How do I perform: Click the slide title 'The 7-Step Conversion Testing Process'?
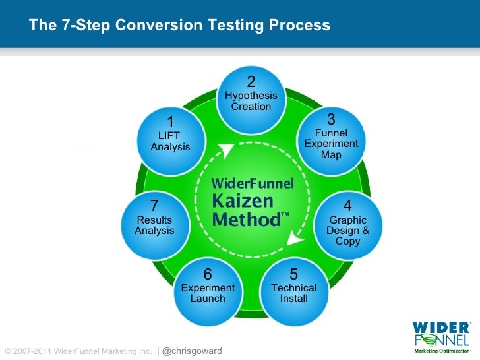coord(179,26)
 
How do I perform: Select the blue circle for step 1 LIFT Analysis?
coord(170,136)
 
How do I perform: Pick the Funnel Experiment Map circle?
coord(331,138)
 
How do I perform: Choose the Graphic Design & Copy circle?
coord(347,224)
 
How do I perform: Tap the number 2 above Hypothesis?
coord(251,82)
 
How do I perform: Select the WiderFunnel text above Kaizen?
coord(251,183)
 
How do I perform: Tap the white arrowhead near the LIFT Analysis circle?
coord(228,150)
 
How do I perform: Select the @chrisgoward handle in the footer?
coord(191,351)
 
